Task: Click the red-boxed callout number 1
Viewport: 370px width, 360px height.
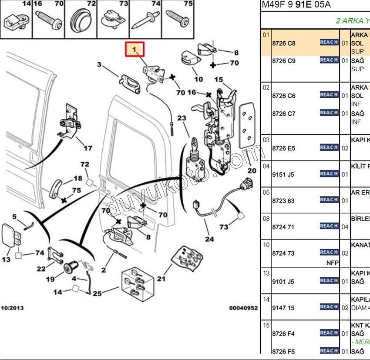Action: point(135,49)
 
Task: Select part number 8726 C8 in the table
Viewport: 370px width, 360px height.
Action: point(283,43)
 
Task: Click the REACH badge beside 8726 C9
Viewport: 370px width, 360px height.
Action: point(329,60)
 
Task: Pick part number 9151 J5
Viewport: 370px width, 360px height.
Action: point(283,174)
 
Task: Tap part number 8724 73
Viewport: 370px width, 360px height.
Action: point(283,253)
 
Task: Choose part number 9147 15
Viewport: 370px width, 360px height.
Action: point(283,308)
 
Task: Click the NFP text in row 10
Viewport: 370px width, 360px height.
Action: point(333,263)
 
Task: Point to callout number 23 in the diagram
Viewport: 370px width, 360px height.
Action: point(182,118)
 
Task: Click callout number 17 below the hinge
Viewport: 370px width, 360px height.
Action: point(88,148)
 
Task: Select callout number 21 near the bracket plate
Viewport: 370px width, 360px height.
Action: point(161,279)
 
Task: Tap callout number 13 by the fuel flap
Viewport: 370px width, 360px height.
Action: point(6,260)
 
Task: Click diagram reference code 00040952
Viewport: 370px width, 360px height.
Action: point(243,308)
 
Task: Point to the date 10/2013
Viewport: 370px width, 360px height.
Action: point(12,308)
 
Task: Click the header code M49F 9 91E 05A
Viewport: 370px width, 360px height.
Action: point(296,5)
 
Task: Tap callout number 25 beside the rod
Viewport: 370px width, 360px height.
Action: point(97,293)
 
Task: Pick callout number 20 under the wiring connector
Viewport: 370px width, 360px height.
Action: point(252,170)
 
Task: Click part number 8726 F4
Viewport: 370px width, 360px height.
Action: point(283,334)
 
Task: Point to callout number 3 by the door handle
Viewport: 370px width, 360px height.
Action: point(99,65)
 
